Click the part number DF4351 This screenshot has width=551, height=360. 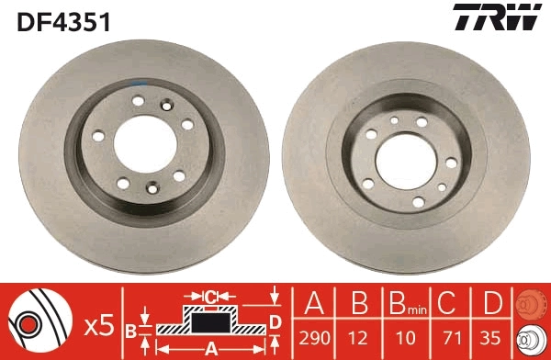point(63,21)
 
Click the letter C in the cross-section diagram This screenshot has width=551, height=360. point(209,296)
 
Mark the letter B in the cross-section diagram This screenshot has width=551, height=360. point(130,328)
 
